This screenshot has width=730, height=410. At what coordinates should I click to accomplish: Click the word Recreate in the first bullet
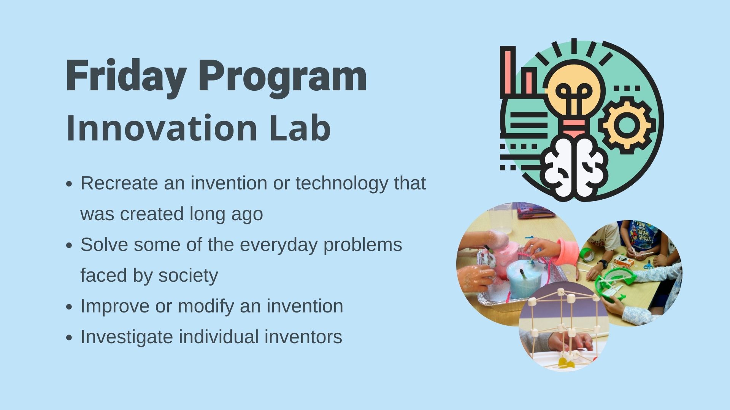click(x=119, y=183)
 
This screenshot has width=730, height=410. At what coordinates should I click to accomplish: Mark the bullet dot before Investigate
click(x=69, y=337)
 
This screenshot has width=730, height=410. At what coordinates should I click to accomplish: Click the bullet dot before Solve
click(x=69, y=246)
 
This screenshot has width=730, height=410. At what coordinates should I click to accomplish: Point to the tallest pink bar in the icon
click(x=508, y=72)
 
